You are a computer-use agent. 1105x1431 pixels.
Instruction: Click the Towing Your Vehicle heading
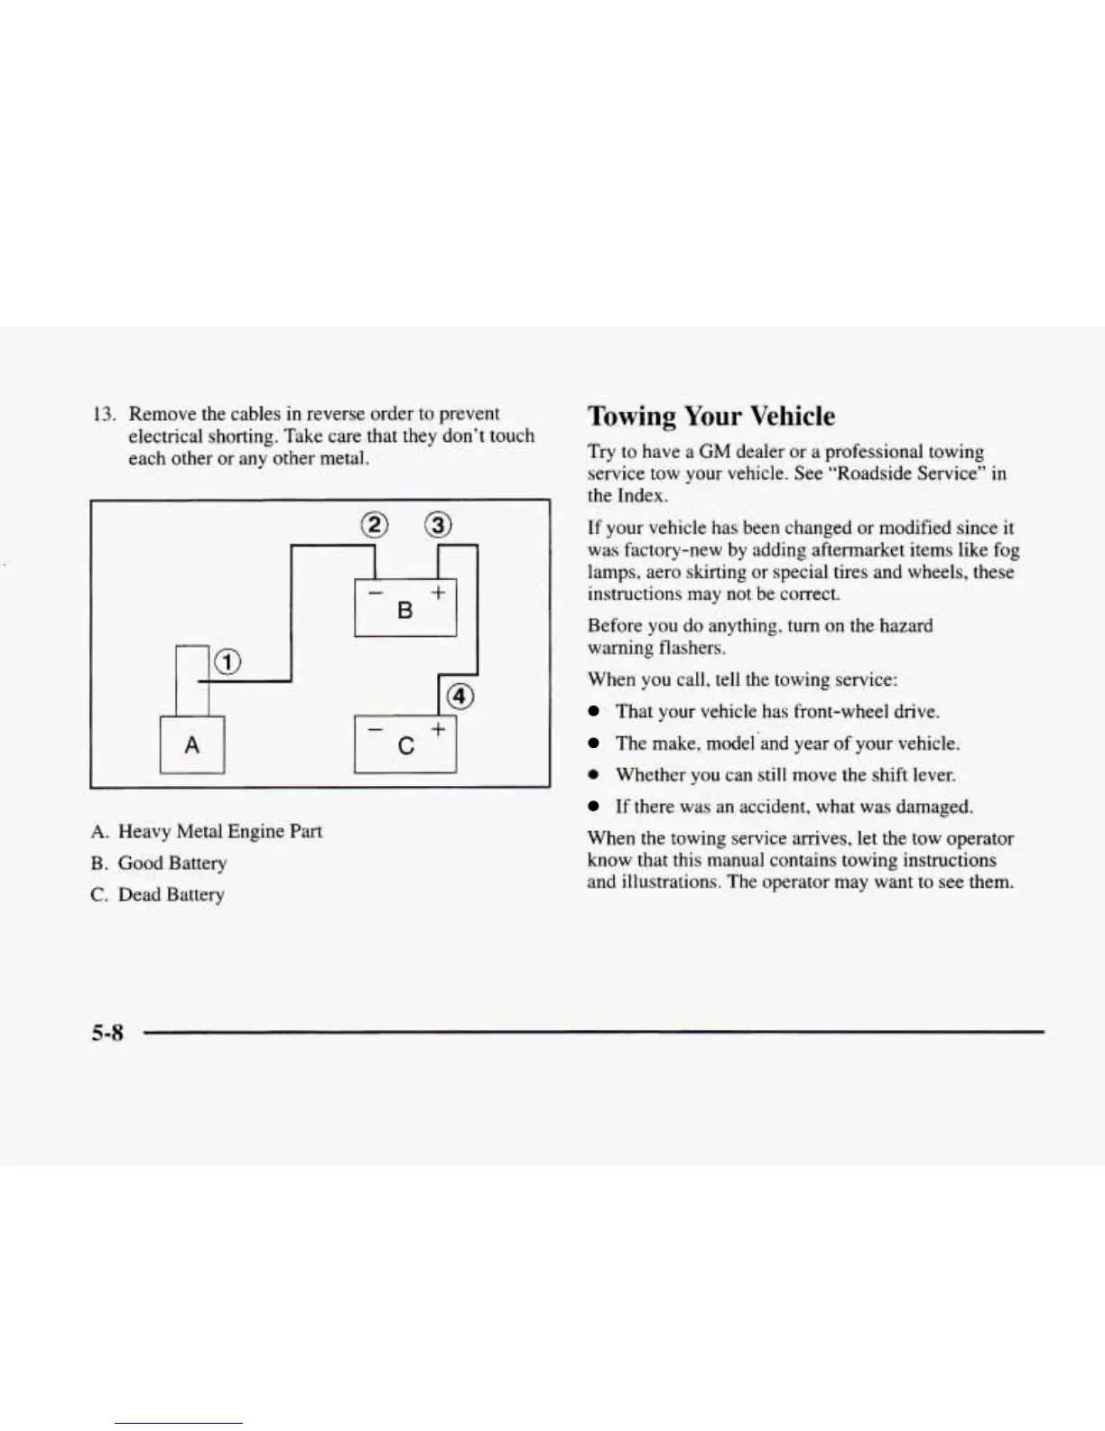710,416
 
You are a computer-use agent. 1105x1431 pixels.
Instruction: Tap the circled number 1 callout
227,662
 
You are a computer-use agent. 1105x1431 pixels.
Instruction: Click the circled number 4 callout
460,696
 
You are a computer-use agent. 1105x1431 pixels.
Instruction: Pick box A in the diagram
191,744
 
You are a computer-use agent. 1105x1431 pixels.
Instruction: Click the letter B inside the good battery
404,611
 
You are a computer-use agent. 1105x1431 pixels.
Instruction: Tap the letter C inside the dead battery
405,746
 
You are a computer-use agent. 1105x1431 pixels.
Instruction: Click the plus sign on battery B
438,593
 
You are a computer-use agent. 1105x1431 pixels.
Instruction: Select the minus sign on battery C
375,728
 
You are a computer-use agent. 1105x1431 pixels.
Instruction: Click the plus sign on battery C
438,728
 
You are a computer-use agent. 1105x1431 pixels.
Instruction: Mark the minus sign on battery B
375,593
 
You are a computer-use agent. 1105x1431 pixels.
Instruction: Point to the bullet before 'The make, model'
595,744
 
